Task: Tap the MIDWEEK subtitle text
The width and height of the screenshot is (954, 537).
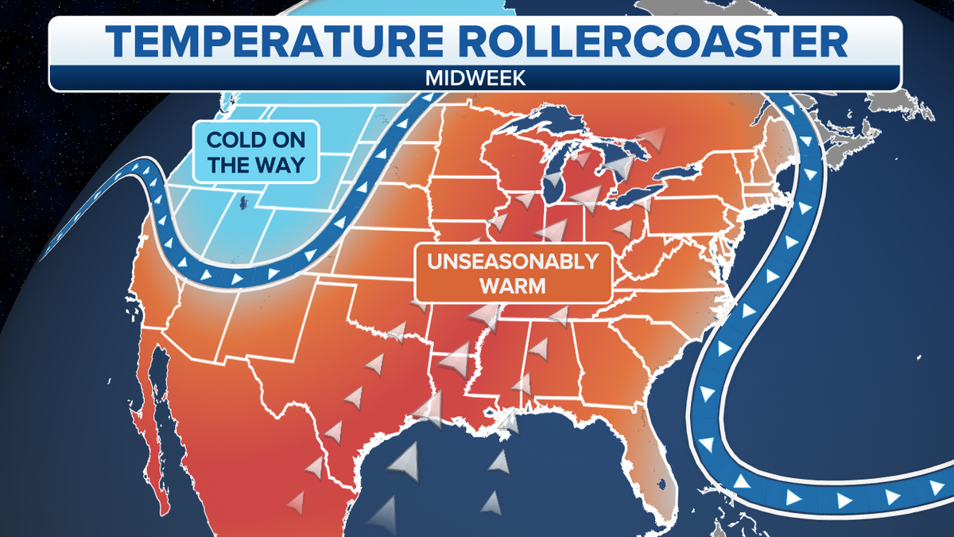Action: tap(475, 78)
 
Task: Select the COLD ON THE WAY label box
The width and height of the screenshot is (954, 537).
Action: tap(255, 153)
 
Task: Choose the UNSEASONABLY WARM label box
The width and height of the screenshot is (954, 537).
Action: tap(512, 273)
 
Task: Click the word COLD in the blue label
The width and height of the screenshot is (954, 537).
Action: tap(235, 140)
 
